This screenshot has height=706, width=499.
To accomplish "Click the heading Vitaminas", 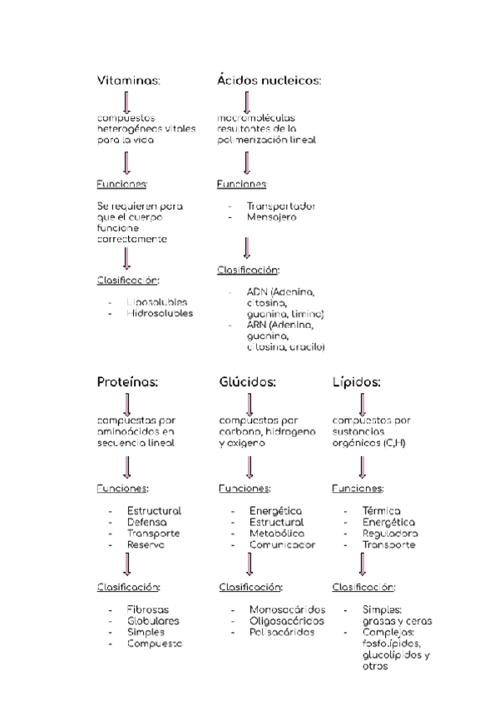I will pos(129,80).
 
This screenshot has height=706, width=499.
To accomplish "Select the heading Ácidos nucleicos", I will pos(269,80).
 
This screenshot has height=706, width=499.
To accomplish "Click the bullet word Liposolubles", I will pos(157,301).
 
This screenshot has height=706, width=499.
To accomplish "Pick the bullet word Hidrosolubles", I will pos(160,313).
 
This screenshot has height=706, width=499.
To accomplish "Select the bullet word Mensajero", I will pos(271,217).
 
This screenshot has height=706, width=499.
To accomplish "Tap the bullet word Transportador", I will pos(281,206).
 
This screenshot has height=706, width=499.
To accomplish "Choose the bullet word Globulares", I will pos(153,621).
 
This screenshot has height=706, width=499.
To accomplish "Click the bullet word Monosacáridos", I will pos(287,609).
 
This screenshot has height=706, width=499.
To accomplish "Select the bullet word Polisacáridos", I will pos(283,632).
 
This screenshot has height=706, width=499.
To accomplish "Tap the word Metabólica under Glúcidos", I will pos(277,533).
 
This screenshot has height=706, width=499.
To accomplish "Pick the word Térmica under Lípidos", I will pos(381,510).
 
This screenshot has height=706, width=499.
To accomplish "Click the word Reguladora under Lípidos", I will pos(389,533).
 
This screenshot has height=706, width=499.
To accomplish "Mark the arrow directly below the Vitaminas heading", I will pos(126,102).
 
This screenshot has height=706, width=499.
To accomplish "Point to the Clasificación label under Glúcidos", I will pos(251,587).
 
